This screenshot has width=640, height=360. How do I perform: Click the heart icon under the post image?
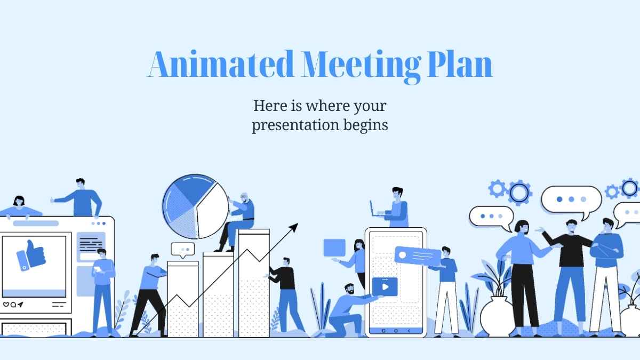6,305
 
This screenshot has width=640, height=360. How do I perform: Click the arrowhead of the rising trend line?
293,228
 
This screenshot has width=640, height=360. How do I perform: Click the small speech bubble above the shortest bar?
182,249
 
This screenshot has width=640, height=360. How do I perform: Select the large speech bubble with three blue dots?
571,199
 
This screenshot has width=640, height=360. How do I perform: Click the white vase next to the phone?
497,317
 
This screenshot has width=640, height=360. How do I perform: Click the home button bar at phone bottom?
395,331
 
